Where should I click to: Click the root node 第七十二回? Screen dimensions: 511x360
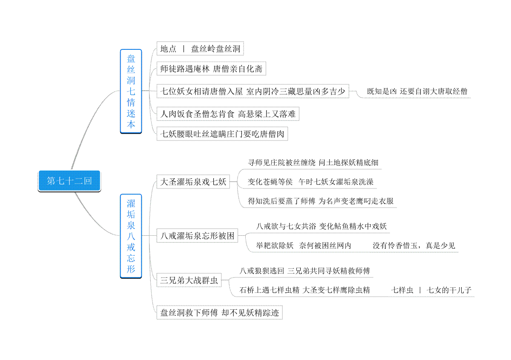tap(69, 181)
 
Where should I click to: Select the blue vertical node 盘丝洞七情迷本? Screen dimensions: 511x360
tap(131, 91)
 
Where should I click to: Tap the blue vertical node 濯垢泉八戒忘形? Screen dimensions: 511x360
tap(131, 236)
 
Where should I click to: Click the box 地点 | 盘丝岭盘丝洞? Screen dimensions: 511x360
tap(200, 49)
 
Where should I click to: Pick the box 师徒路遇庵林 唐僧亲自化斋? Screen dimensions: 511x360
tap(211, 69)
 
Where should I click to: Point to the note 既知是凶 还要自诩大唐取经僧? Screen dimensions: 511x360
tap(417, 91)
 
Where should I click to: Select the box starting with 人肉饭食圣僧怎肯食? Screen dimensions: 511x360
tap(228, 114)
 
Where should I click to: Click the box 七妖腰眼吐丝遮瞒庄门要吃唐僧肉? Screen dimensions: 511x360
tap(222, 134)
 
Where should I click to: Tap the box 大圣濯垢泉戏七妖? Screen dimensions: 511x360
tap(193, 182)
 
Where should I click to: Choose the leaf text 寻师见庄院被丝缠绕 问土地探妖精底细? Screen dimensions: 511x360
tap(313, 163)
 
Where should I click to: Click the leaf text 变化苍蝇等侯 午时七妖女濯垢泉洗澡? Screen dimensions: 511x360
tap(310, 182)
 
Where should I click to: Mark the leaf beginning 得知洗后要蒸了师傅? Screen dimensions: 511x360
tap(321, 201)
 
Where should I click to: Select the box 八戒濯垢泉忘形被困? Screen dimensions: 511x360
tap(197, 235)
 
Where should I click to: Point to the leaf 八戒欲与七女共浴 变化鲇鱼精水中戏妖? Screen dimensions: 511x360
tap(321, 226)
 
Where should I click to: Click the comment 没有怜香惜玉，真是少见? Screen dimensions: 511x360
tap(414, 246)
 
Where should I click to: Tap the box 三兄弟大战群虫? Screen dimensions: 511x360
tap(189, 280)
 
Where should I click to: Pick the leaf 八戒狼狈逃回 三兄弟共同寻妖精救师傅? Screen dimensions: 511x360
tap(304, 271)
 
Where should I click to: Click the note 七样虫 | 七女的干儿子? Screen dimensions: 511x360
tap(431, 290)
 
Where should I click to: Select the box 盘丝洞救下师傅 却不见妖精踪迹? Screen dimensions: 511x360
tap(219, 312)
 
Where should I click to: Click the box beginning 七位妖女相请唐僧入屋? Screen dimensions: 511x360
tap(253, 91)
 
